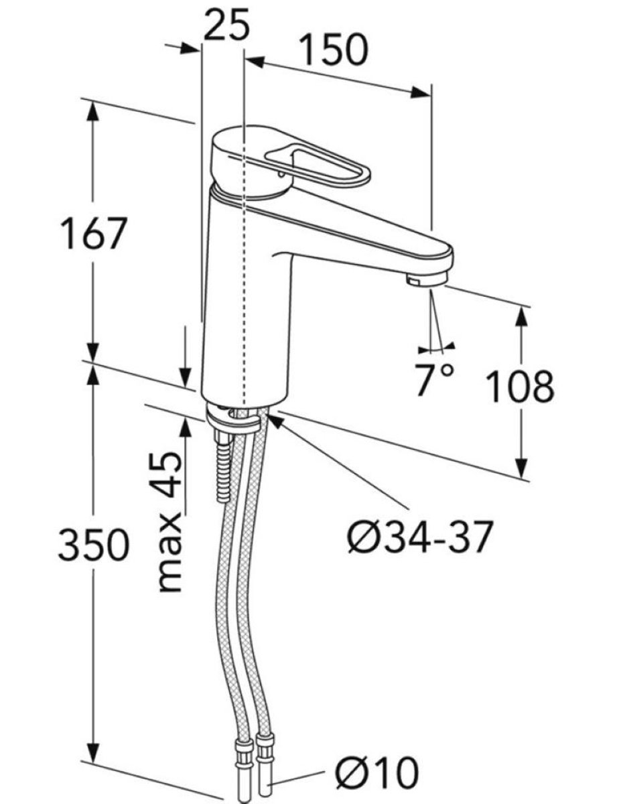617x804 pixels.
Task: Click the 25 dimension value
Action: click(226, 25)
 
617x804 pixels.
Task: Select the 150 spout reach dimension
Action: click(333, 50)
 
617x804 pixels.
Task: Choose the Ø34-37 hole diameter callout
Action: click(421, 537)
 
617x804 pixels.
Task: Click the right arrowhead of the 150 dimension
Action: click(421, 93)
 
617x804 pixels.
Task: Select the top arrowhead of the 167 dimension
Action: click(92, 111)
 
